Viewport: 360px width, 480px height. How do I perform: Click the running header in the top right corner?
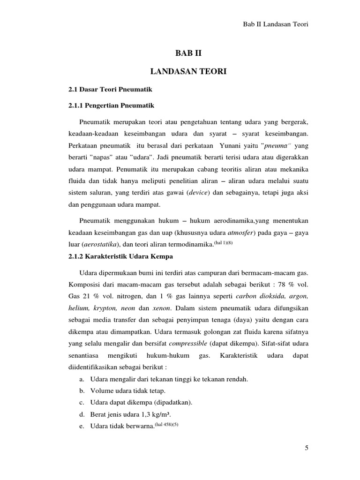tap(276, 24)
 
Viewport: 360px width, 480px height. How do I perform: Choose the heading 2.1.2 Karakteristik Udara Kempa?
tap(120, 256)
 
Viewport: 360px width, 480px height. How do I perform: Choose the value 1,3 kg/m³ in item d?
tap(159, 414)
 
